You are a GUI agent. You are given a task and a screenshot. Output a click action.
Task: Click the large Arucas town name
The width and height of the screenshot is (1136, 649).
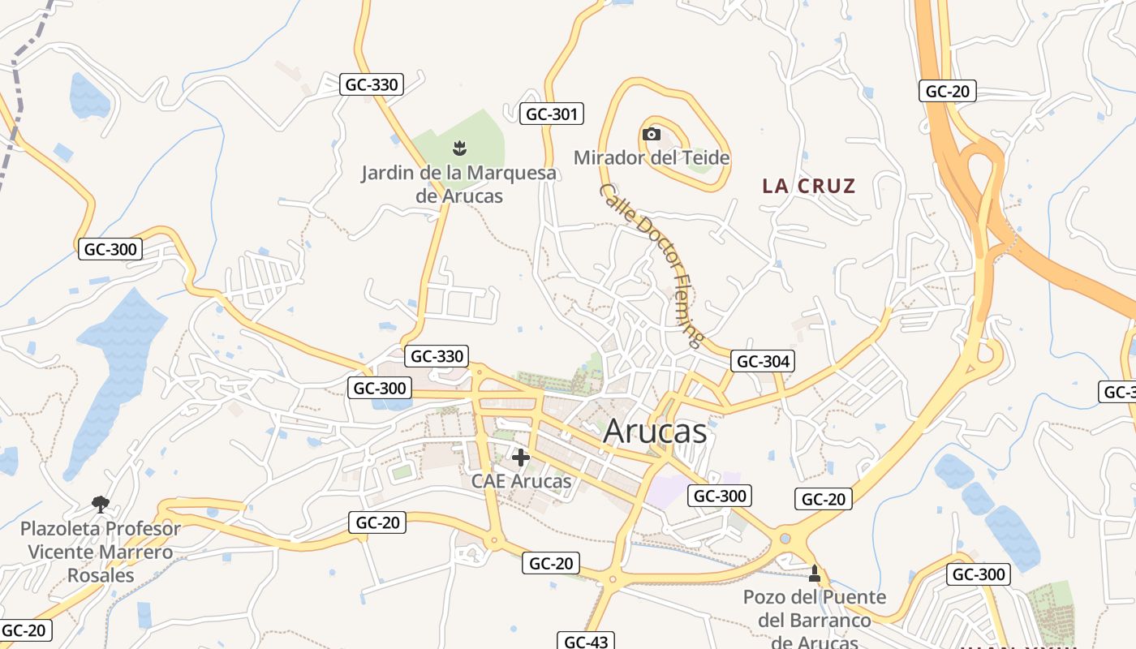(655, 432)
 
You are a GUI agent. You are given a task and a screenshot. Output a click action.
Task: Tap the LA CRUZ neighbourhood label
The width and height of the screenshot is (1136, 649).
(808, 186)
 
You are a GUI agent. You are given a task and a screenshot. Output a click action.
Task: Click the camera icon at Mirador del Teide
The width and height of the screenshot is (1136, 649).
(651, 135)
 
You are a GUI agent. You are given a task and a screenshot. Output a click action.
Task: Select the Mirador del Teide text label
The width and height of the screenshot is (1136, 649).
(652, 157)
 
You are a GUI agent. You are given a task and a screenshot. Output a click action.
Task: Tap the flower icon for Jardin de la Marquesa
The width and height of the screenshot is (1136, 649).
(459, 148)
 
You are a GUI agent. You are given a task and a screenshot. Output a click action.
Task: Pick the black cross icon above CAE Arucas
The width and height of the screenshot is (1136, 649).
(521, 458)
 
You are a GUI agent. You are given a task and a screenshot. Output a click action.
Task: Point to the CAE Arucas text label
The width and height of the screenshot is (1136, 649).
(521, 481)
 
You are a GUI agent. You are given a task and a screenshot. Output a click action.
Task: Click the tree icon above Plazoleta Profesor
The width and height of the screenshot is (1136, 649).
(101, 505)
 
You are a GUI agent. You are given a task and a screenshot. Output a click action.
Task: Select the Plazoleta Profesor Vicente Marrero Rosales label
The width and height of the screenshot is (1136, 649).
(101, 552)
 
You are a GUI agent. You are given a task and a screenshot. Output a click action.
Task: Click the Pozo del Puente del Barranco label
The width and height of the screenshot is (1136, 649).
(815, 620)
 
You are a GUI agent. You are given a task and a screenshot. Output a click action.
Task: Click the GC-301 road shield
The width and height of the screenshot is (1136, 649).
(552, 114)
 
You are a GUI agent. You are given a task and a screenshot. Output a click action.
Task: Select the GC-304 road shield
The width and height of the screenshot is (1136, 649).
(762, 361)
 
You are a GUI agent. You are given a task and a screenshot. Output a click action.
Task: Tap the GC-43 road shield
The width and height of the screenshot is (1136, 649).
(585, 642)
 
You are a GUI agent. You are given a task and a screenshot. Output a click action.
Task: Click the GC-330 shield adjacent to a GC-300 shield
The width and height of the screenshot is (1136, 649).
(437, 356)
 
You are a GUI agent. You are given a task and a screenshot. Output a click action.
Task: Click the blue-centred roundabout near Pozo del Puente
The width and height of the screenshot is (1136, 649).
(785, 538)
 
